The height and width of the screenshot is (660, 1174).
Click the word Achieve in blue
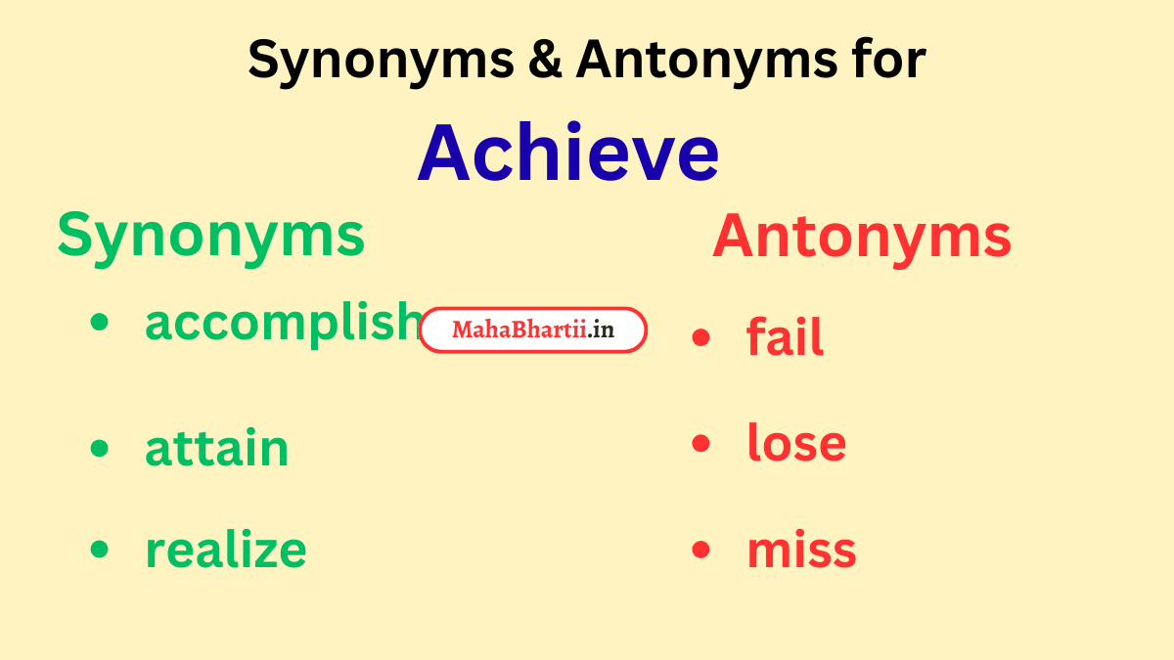(x=567, y=154)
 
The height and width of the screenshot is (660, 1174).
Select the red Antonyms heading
(x=861, y=238)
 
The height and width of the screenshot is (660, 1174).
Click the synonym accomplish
(x=284, y=323)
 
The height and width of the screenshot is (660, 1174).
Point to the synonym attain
(x=216, y=448)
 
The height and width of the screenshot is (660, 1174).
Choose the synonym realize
(x=225, y=550)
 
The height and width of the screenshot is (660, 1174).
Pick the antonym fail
(x=785, y=336)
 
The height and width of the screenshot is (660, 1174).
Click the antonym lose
(x=795, y=443)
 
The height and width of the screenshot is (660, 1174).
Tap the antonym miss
(x=801, y=550)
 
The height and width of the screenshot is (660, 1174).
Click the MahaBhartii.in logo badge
(x=533, y=330)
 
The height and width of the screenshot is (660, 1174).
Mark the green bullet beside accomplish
(x=99, y=323)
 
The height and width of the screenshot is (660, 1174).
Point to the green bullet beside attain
(x=99, y=448)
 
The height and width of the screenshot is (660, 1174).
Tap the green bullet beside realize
(x=99, y=550)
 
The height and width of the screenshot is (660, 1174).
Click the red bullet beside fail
(x=700, y=336)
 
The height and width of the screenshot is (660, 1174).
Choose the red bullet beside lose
(x=700, y=443)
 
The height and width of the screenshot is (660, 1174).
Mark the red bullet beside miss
(x=700, y=550)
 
